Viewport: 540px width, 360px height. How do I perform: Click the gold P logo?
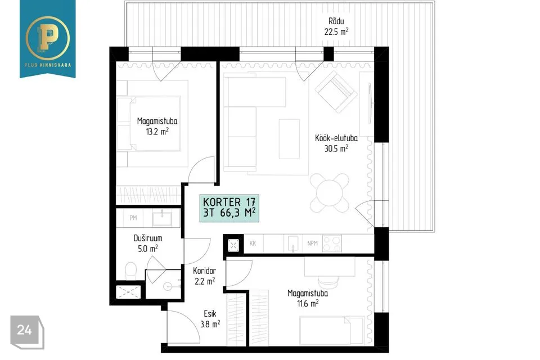point(47,37)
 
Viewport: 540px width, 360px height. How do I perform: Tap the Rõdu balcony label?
point(336,21)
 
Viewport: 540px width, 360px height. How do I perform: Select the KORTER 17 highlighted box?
point(229,208)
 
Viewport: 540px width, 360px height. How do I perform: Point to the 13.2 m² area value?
point(157,131)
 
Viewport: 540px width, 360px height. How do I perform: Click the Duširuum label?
point(148,238)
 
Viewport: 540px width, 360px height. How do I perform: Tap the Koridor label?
point(205,271)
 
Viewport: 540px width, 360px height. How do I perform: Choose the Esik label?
point(210,313)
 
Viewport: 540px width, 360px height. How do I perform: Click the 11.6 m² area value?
point(308,304)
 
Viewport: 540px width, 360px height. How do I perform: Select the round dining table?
point(330,193)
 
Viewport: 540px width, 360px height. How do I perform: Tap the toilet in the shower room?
point(131,271)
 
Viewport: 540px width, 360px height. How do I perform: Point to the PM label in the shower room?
point(133,218)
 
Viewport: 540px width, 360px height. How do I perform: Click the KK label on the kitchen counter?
point(253,243)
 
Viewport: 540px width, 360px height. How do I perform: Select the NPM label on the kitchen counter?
point(312,243)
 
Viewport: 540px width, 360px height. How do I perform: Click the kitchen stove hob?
point(332,243)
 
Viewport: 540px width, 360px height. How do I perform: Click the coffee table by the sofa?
point(289,139)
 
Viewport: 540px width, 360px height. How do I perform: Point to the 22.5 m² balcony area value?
point(336,31)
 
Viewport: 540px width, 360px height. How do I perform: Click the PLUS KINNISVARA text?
point(47,65)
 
